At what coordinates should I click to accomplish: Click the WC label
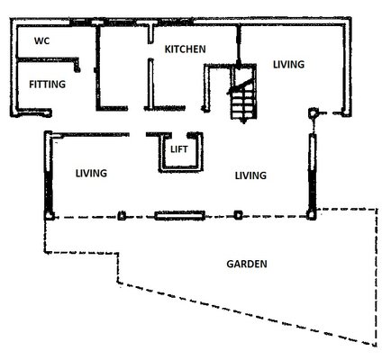(x=41, y=40)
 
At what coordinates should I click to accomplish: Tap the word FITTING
(x=47, y=85)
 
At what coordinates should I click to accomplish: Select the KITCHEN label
(x=186, y=49)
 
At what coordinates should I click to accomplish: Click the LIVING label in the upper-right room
(x=288, y=65)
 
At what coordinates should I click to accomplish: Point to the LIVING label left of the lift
(x=91, y=174)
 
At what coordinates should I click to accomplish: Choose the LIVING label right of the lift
(x=250, y=175)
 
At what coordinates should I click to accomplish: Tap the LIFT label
(x=179, y=149)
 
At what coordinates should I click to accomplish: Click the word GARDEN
(x=247, y=264)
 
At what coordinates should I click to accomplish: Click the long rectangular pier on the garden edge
(x=179, y=215)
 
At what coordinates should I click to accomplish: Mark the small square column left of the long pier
(x=122, y=215)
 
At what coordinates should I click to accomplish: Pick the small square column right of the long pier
(x=238, y=215)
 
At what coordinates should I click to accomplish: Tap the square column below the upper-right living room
(x=313, y=112)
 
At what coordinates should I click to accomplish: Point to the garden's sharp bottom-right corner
(x=376, y=345)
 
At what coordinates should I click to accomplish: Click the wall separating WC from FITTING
(x=47, y=59)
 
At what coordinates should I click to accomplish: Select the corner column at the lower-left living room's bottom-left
(x=49, y=215)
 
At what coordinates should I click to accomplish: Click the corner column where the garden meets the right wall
(x=311, y=215)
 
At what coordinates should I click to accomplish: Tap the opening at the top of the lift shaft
(x=179, y=135)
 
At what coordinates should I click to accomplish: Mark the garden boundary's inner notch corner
(x=118, y=254)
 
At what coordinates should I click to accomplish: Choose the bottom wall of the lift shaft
(x=181, y=170)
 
